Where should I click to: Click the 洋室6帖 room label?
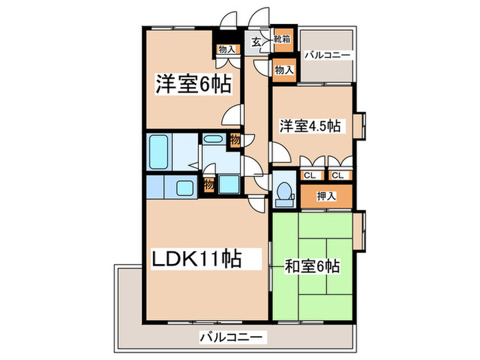point(192,84)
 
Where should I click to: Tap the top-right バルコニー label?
point(328,53)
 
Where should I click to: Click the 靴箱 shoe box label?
point(281,40)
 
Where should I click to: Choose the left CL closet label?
point(310,175)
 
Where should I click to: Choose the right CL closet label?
point(336,175)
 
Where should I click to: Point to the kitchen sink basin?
point(184,186)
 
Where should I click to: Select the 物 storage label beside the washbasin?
point(235,140)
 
